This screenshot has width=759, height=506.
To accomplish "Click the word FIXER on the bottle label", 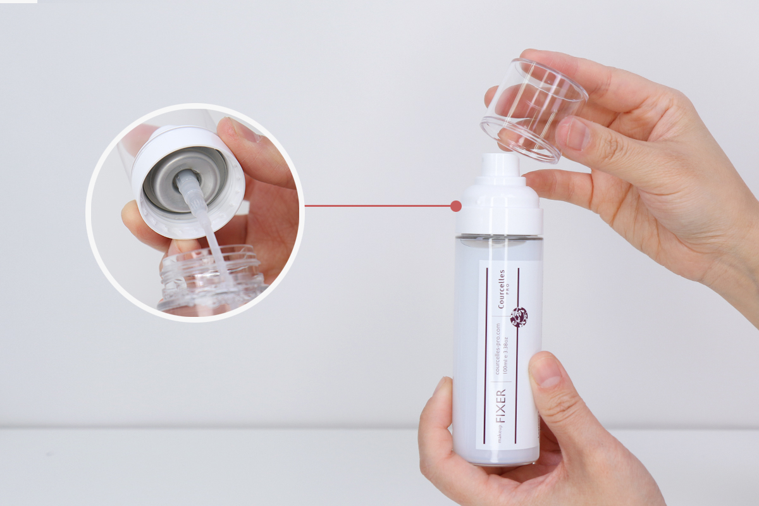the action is (x=500, y=405).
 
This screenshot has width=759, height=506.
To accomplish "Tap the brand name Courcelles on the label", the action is (x=501, y=289).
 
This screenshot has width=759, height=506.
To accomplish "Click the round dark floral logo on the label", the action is (x=519, y=318).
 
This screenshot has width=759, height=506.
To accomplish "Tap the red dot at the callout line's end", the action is (x=456, y=206).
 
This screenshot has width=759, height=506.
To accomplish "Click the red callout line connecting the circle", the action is (x=378, y=206).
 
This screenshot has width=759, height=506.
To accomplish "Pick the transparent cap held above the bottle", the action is (x=534, y=110).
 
